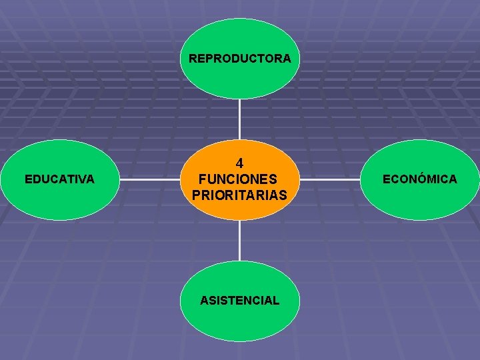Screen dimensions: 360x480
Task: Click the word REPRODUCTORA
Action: [239, 59]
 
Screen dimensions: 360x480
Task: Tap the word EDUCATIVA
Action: [59, 179]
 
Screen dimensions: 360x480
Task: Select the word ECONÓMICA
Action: [419, 179]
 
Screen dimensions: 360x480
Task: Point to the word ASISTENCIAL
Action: [239, 301]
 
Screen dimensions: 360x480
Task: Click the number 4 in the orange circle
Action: [239, 163]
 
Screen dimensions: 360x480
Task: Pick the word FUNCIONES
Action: [239, 179]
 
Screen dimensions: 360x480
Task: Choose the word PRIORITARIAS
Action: [239, 195]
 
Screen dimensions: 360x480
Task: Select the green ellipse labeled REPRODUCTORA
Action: [239, 80]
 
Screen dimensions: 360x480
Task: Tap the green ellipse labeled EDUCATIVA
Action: [59, 200]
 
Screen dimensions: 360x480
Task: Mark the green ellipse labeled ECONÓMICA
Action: [419, 200]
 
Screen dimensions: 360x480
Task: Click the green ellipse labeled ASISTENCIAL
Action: [239, 323]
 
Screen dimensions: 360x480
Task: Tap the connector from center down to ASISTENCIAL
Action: [239, 240]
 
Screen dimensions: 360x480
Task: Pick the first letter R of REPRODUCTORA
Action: [193, 59]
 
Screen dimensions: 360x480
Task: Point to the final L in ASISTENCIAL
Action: [276, 301]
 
